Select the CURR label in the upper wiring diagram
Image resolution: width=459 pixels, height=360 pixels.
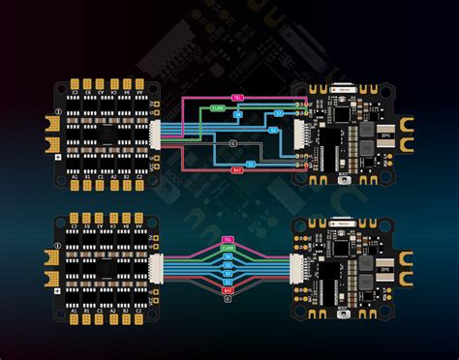(x=218, y=108)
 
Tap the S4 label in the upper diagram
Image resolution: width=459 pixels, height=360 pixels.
(x=239, y=115)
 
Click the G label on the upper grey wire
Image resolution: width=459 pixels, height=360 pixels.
(x=232, y=143)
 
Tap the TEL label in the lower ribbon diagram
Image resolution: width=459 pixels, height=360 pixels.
(x=228, y=238)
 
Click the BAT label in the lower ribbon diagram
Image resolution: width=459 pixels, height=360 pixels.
(x=228, y=290)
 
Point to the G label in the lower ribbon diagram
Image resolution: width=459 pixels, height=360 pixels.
(x=228, y=299)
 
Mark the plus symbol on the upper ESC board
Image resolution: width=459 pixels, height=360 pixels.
(x=57, y=156)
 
